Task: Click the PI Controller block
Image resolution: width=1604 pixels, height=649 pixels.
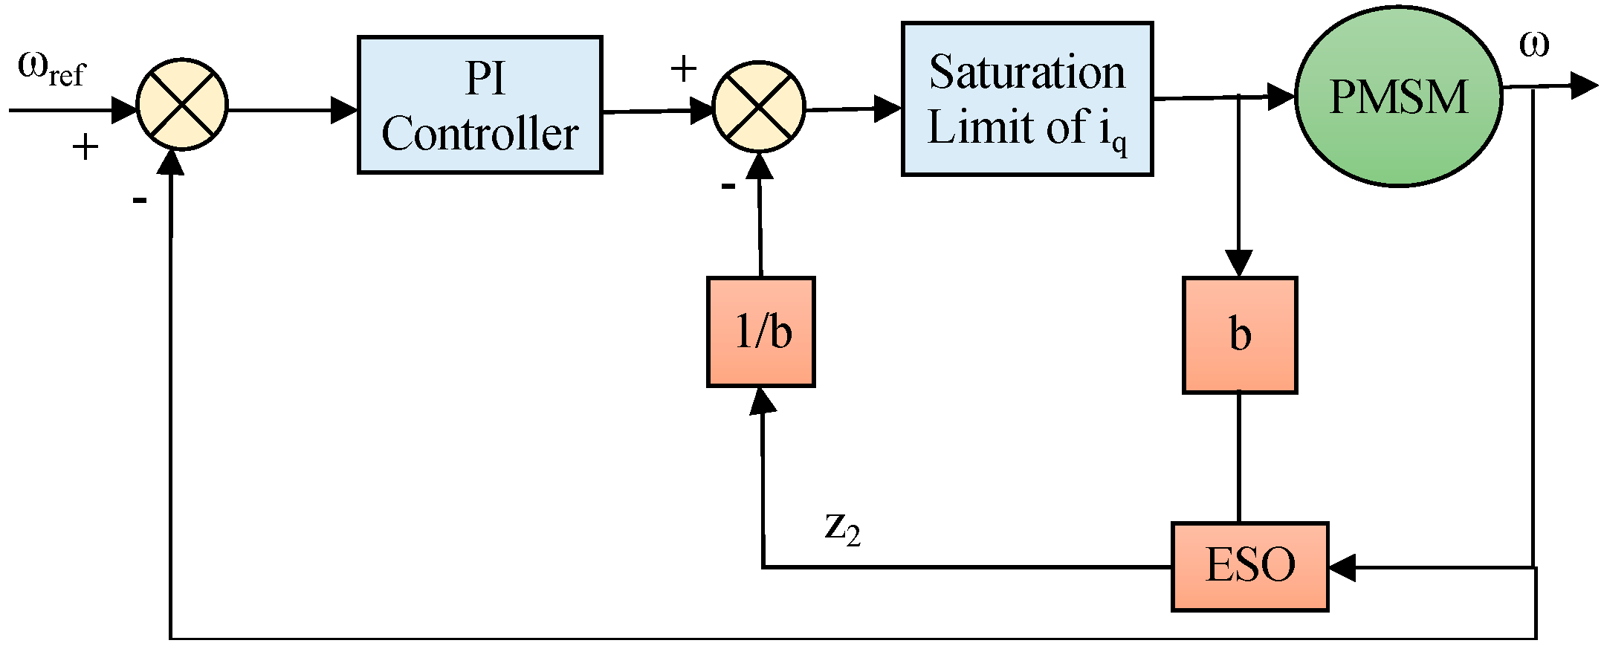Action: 479,105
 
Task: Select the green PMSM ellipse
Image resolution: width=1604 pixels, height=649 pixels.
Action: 1397,97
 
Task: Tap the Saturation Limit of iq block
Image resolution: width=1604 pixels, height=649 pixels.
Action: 1026,99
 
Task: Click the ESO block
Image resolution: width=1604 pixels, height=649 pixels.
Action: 1249,566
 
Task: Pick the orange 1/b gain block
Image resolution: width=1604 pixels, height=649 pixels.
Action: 760,332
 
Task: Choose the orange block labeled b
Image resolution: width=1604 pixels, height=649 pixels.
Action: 1239,335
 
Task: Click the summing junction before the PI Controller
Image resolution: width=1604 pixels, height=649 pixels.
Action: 181,104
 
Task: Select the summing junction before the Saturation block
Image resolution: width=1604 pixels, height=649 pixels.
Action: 758,107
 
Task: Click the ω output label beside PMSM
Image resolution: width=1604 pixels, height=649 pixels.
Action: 1533,45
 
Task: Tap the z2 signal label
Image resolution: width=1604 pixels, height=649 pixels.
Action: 842,528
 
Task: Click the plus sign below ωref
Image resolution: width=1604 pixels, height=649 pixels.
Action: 85,146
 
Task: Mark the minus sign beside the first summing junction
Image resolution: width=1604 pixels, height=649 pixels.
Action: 139,199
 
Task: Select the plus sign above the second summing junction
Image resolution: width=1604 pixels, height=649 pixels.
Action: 683,69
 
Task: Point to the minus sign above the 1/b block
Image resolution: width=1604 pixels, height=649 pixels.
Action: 728,186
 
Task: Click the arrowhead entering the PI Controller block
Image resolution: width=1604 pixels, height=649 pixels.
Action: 344,110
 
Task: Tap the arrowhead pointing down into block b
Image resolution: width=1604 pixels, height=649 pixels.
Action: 1238,263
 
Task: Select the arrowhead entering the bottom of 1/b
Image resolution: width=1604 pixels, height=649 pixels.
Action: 762,401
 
